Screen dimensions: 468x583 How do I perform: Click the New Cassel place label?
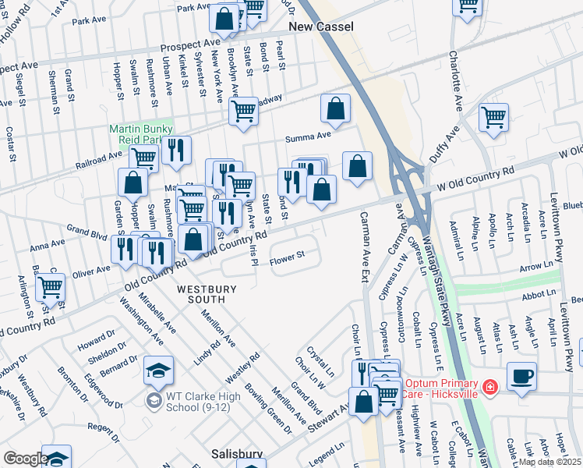(320, 27)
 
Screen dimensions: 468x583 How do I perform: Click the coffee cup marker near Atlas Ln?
(521, 376)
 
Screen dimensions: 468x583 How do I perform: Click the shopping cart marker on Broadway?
(243, 111)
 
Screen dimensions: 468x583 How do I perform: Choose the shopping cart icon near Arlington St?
(50, 286)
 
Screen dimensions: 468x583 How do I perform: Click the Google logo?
(25, 459)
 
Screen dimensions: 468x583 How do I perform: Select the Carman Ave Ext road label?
(365, 243)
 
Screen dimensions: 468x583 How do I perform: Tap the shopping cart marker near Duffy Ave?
(493, 117)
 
